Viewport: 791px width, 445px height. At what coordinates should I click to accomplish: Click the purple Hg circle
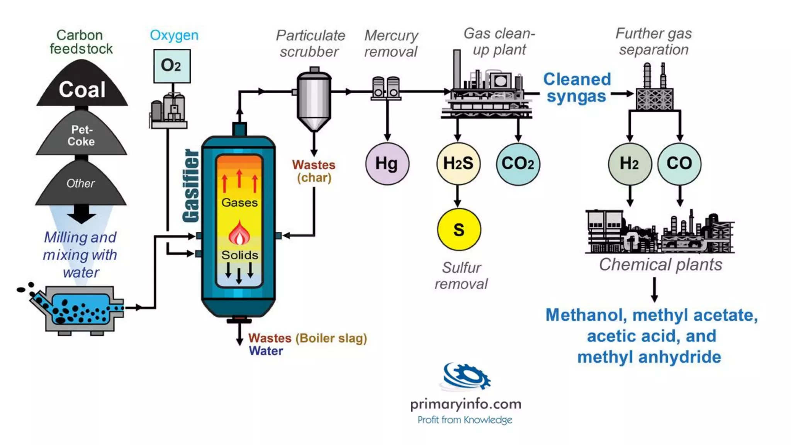coord(387,163)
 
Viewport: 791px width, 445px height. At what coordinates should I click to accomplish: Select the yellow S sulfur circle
coord(458,230)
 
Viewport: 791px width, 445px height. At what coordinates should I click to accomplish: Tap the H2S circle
coord(458,163)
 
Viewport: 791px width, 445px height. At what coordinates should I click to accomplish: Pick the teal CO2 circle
coord(518,163)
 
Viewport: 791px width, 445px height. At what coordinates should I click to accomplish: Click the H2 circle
coord(629,163)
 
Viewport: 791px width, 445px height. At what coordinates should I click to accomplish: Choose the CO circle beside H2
coord(679,163)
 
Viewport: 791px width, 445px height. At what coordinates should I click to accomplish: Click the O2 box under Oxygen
coord(171,66)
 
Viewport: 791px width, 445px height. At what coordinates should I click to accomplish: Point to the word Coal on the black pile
coord(82,90)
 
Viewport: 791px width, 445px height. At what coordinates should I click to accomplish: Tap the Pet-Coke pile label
coord(81,136)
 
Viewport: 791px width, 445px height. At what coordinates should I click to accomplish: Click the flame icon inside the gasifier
coord(239,233)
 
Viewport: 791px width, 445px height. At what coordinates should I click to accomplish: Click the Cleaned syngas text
coord(577,88)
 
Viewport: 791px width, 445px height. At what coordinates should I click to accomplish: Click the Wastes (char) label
coord(314,171)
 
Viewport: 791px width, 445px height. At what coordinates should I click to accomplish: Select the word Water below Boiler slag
coord(266,351)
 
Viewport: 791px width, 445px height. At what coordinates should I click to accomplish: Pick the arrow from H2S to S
coord(458,196)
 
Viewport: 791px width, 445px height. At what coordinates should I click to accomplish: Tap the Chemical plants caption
coord(660,265)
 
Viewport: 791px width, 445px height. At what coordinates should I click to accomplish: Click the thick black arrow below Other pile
coord(81,214)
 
